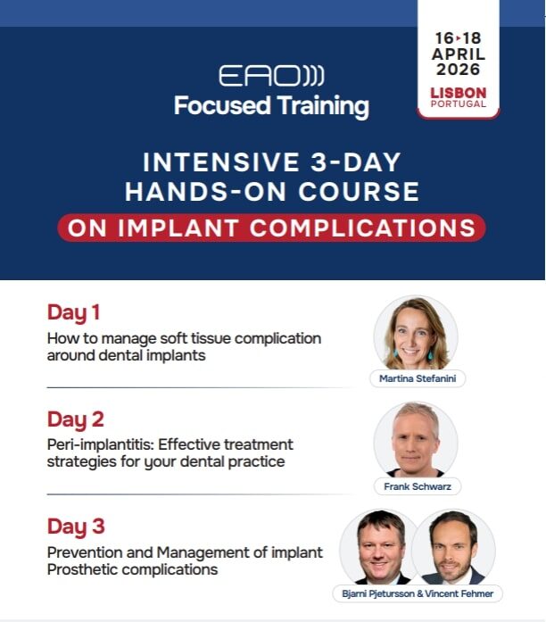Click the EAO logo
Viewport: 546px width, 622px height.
(x=271, y=75)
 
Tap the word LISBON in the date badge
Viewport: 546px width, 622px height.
(x=459, y=93)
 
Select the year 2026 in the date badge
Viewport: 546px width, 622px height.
(x=459, y=69)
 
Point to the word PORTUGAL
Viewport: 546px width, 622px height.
(x=459, y=104)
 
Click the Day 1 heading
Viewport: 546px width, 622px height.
(x=73, y=312)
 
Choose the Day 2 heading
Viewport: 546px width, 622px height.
(x=75, y=419)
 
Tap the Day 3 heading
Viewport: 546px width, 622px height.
(x=76, y=527)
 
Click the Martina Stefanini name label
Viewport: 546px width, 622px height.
(x=418, y=378)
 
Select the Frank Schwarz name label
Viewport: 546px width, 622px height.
(x=418, y=486)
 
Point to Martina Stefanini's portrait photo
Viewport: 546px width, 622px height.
(x=416, y=333)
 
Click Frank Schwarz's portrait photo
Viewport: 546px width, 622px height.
(x=416, y=440)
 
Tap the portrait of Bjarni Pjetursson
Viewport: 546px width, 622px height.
(x=379, y=547)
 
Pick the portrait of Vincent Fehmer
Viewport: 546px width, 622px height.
(x=454, y=547)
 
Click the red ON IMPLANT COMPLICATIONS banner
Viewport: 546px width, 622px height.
(x=271, y=228)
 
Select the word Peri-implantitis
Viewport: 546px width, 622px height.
(x=100, y=444)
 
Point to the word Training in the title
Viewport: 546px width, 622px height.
(x=323, y=106)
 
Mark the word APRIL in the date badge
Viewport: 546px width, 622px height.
(x=459, y=54)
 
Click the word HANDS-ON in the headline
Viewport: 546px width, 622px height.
(x=205, y=192)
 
